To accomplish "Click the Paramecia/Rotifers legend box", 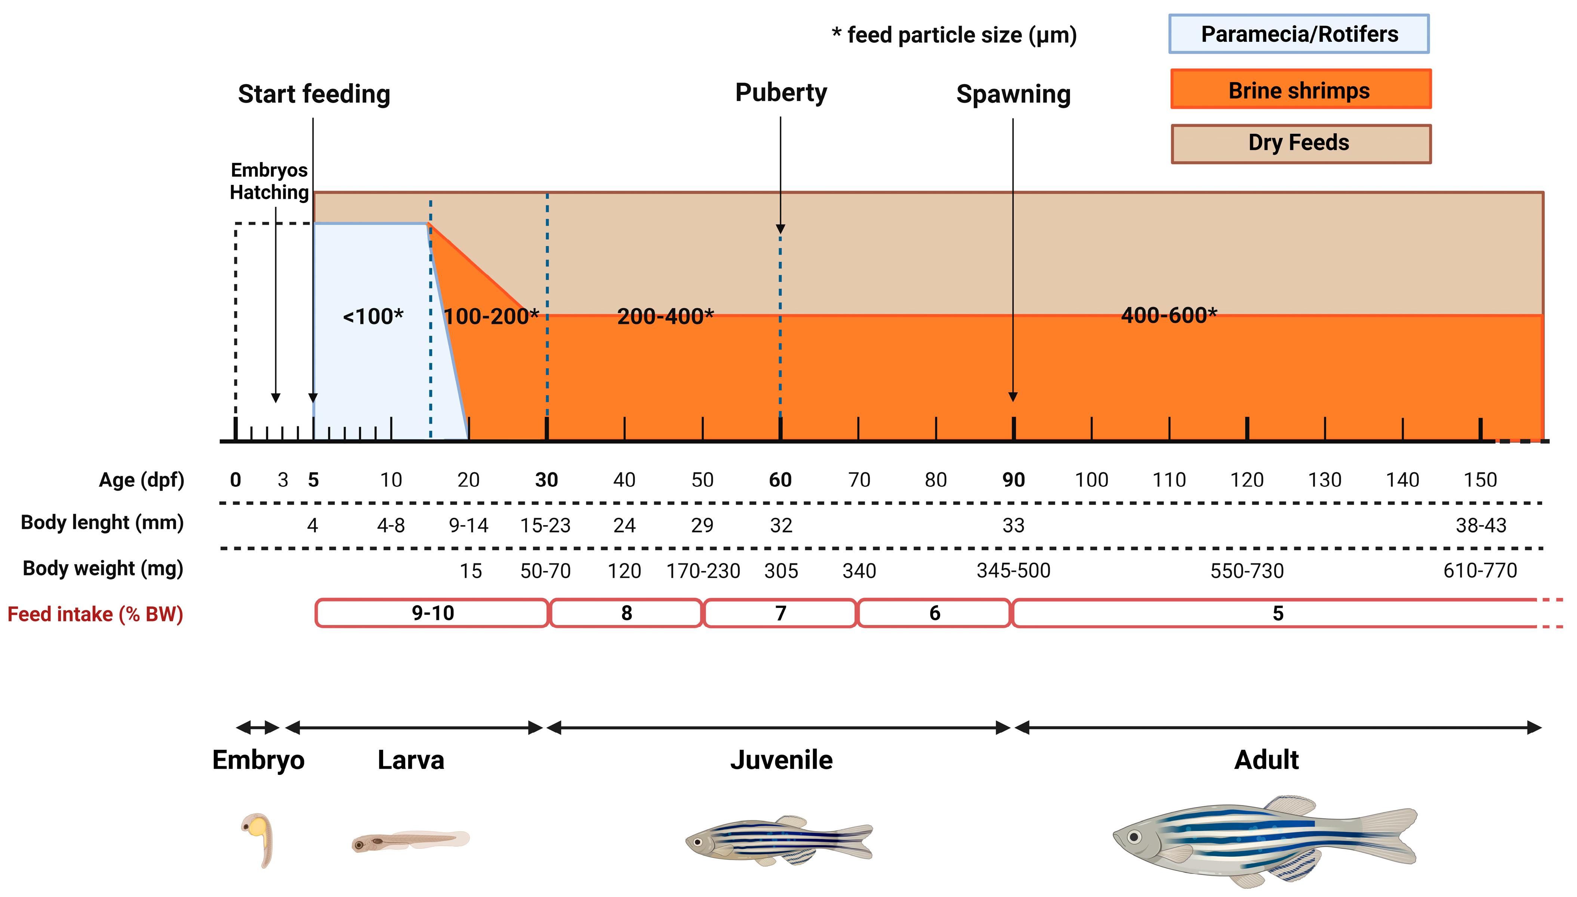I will pyautogui.click(x=1299, y=34).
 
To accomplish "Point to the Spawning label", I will pyautogui.click(x=1013, y=94).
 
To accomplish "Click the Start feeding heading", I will pyautogui.click(x=314, y=94).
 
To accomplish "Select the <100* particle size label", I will pyautogui.click(x=373, y=317).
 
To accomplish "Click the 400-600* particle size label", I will pyautogui.click(x=1168, y=315).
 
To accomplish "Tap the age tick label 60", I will pyautogui.click(x=780, y=480).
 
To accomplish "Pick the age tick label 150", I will pyautogui.click(x=1480, y=480).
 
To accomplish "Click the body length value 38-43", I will pyautogui.click(x=1480, y=526).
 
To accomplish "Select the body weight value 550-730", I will pyautogui.click(x=1247, y=571).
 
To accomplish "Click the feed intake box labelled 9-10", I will pyautogui.click(x=432, y=613).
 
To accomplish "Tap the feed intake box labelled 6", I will pyautogui.click(x=934, y=613).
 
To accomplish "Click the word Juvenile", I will pyautogui.click(x=781, y=760).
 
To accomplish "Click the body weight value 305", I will pyautogui.click(x=781, y=571).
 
